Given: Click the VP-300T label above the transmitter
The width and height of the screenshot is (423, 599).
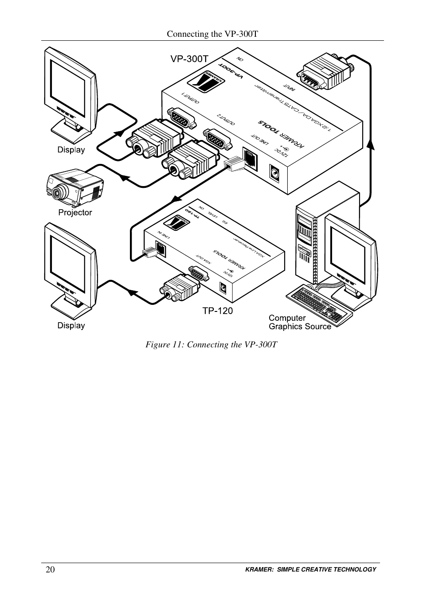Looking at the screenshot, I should tap(189, 58).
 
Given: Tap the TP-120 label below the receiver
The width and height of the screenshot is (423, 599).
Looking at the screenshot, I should tap(217, 311).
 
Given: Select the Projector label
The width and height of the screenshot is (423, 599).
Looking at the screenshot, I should tap(75, 213).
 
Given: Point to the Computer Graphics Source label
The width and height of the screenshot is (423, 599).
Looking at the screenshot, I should tap(300, 322).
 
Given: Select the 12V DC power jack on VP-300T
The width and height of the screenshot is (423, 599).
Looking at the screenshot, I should tap(275, 172).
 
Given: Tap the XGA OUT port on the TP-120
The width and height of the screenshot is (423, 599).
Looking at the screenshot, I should tap(197, 274).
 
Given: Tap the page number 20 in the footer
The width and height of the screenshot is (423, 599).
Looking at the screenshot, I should tap(50, 570).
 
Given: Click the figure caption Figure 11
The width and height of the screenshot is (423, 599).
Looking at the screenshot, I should tap(211, 345).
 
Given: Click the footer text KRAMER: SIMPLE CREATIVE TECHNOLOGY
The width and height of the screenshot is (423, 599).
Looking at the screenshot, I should tap(310, 570).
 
